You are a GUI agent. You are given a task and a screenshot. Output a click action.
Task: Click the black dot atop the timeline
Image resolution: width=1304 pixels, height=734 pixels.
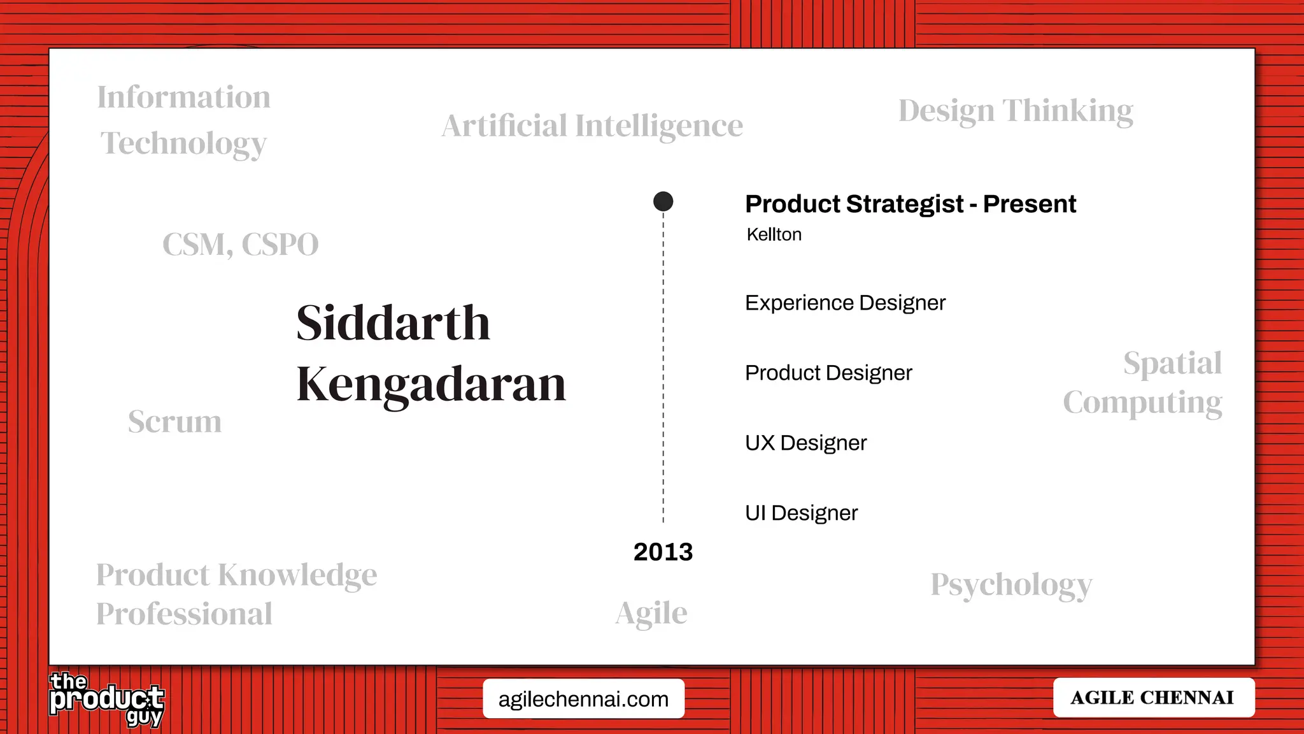coord(663,201)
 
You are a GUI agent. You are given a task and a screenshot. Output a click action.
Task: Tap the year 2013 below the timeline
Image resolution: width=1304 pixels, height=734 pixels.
coord(663,552)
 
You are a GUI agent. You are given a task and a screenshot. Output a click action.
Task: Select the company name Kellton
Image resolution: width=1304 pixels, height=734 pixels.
coord(774,234)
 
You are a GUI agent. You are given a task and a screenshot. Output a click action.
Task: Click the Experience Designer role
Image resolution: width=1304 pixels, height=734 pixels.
coord(845,303)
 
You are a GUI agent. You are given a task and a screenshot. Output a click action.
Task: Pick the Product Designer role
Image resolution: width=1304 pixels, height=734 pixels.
coord(828,373)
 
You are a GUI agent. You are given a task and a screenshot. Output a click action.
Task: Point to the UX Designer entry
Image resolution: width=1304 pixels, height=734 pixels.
coord(805,443)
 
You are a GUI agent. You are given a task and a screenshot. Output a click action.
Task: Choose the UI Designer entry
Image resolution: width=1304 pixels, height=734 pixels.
coord(801,513)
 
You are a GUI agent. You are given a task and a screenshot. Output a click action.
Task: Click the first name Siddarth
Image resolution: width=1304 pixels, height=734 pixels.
coord(393,323)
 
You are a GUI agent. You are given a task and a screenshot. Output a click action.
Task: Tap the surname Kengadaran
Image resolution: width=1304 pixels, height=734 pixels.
coord(431,384)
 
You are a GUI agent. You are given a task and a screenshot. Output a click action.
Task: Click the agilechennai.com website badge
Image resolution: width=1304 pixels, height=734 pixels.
coord(583,699)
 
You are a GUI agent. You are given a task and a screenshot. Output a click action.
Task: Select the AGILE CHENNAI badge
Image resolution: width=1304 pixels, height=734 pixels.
coord(1153,698)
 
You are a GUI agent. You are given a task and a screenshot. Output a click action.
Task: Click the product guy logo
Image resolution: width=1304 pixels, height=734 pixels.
coord(106,700)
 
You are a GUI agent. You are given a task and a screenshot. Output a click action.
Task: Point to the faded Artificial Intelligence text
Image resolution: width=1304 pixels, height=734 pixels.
coord(592,126)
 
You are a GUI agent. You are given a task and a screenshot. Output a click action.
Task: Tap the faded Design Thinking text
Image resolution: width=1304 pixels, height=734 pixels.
coord(1016,111)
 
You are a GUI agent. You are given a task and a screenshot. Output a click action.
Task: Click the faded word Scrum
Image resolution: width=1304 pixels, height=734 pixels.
coord(174,422)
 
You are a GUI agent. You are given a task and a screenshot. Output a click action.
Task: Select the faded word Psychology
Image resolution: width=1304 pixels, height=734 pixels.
coord(1011,585)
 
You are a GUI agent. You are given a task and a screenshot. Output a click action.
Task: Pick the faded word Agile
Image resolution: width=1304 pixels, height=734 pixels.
coord(651,614)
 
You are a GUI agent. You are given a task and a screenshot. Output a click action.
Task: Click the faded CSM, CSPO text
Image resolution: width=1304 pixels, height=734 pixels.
coord(240,245)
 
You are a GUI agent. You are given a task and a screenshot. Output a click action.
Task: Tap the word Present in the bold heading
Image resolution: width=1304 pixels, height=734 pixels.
coord(1029,204)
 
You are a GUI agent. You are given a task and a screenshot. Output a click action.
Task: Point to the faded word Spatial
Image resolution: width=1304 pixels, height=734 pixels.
coord(1172,364)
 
